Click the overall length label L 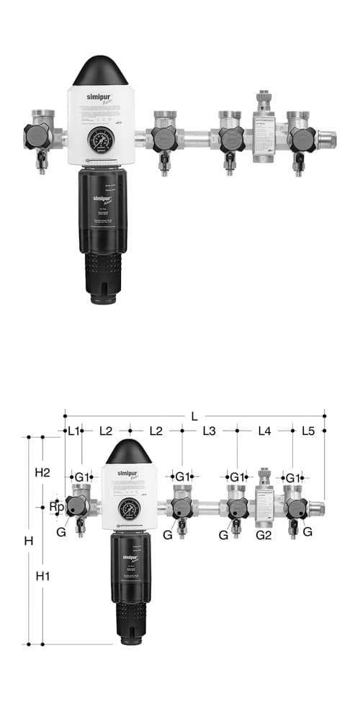click(x=194, y=416)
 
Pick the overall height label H click(x=29, y=541)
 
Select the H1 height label click(x=42, y=576)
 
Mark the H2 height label click(x=42, y=472)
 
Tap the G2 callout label click(x=264, y=534)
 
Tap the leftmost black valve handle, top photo click(x=37, y=135)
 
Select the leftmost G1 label click(x=83, y=477)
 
